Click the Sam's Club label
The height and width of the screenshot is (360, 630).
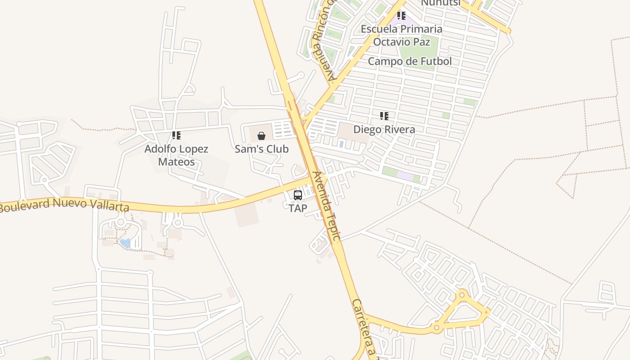tap(261, 149)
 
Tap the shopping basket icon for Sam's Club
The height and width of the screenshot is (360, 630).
tap(261, 135)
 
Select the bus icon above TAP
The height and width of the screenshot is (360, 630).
tap(298, 195)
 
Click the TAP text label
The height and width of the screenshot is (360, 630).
tap(298, 208)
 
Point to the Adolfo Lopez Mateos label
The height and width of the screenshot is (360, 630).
tap(176, 155)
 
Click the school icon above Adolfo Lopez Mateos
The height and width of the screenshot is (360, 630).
tap(176, 135)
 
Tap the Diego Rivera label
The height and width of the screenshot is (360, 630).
tap(384, 130)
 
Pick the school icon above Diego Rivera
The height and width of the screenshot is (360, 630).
tap(384, 116)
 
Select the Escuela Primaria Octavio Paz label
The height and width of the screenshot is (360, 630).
tap(401, 36)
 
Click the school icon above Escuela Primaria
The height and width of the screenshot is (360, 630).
tap(401, 16)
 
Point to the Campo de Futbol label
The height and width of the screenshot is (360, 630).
tap(409, 61)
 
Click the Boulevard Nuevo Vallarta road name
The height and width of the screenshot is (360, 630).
tap(64, 205)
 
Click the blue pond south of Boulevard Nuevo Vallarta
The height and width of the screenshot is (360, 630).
tap(125, 243)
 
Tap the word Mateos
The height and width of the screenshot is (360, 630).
tap(176, 162)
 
